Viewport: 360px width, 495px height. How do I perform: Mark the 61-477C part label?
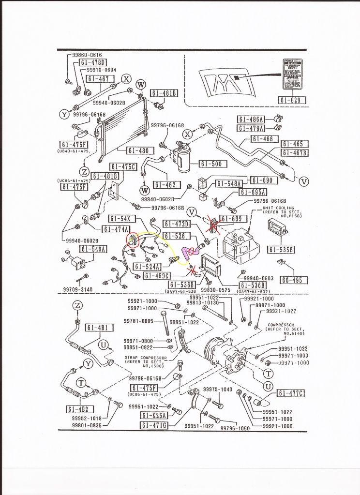tap(290, 392)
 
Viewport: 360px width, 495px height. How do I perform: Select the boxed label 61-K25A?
tap(154, 415)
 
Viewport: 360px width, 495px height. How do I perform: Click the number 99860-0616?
tap(81, 55)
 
